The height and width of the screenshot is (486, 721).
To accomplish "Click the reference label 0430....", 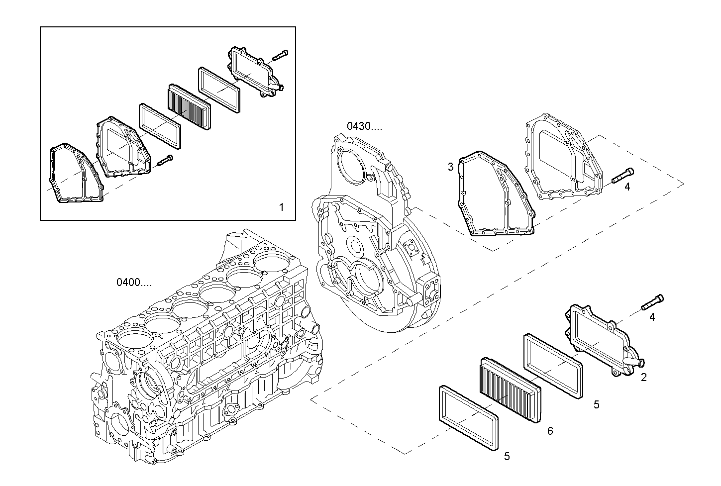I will (x=364, y=126).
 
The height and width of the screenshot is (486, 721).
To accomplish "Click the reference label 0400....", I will (x=134, y=283).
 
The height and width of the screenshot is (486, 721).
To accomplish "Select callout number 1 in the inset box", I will (x=281, y=207).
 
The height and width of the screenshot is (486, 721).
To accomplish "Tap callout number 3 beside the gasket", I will (x=451, y=167).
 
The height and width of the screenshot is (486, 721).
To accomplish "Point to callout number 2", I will (x=643, y=378).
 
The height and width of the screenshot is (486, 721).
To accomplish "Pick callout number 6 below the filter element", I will (x=550, y=431).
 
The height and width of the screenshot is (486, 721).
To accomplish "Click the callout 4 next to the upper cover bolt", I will (x=627, y=187).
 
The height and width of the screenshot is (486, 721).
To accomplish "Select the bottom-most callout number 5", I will (x=507, y=456).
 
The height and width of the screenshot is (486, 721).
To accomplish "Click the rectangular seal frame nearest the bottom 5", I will (x=468, y=418).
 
